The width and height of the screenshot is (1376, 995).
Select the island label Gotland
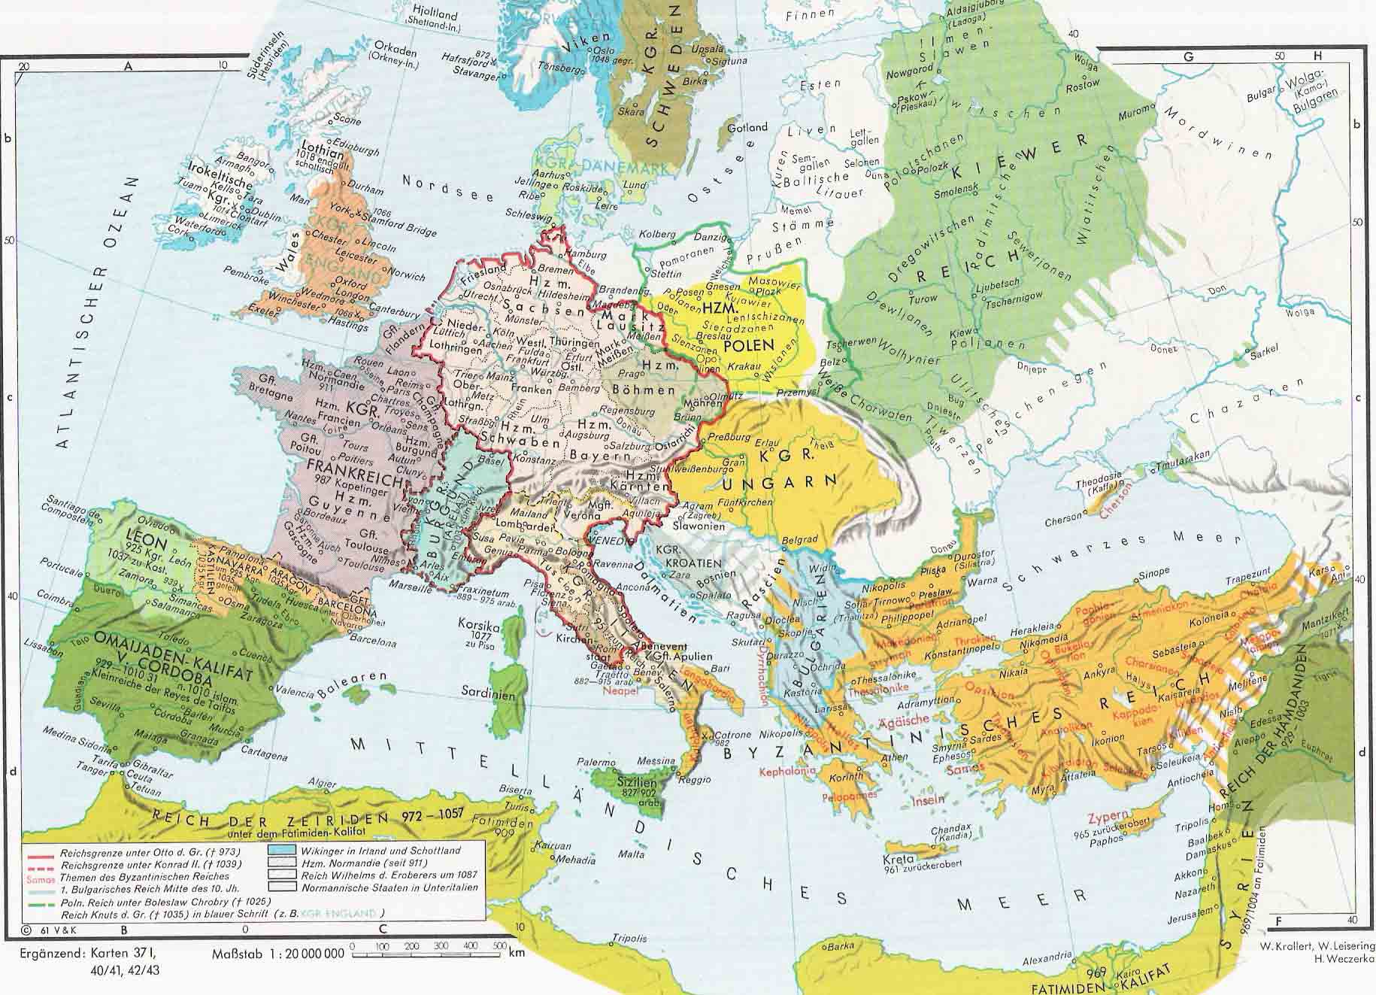747,127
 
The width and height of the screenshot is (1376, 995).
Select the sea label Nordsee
447,188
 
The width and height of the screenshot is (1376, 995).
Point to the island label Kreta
899,859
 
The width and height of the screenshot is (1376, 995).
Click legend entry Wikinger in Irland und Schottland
379,850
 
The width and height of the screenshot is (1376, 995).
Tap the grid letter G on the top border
1189,56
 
